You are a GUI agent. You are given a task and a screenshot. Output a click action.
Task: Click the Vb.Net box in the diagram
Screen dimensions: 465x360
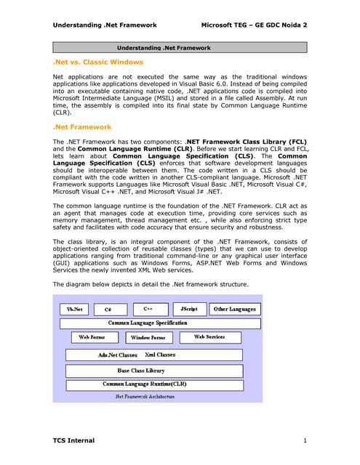pos(74,309)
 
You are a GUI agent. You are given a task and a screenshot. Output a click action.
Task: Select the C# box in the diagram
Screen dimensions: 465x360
pos(108,309)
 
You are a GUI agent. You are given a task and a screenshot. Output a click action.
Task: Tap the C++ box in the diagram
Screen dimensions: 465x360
pos(148,309)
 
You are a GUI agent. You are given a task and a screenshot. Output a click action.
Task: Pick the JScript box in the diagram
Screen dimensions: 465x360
pos(188,309)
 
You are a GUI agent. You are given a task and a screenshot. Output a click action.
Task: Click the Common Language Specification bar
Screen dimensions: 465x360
pos(148,323)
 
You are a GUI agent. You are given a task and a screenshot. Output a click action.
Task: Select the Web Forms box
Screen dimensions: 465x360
pos(92,337)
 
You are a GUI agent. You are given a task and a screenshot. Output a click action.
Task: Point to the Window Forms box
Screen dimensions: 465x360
pos(148,337)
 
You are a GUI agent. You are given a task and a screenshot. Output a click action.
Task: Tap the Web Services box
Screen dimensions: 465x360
pos(209,337)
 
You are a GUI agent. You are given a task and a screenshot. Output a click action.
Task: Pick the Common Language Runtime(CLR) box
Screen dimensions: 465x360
pos(145,384)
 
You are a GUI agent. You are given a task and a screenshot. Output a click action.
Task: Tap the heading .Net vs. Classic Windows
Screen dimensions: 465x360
pos(98,62)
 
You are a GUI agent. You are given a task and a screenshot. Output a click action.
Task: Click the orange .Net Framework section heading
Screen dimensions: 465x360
pos(82,126)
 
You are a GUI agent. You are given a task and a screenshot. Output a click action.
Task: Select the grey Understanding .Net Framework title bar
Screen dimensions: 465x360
pos(180,47)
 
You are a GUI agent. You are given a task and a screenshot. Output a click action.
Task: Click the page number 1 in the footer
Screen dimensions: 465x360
pos(305,441)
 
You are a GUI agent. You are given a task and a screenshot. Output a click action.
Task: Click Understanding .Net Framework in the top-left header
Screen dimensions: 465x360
pos(105,25)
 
